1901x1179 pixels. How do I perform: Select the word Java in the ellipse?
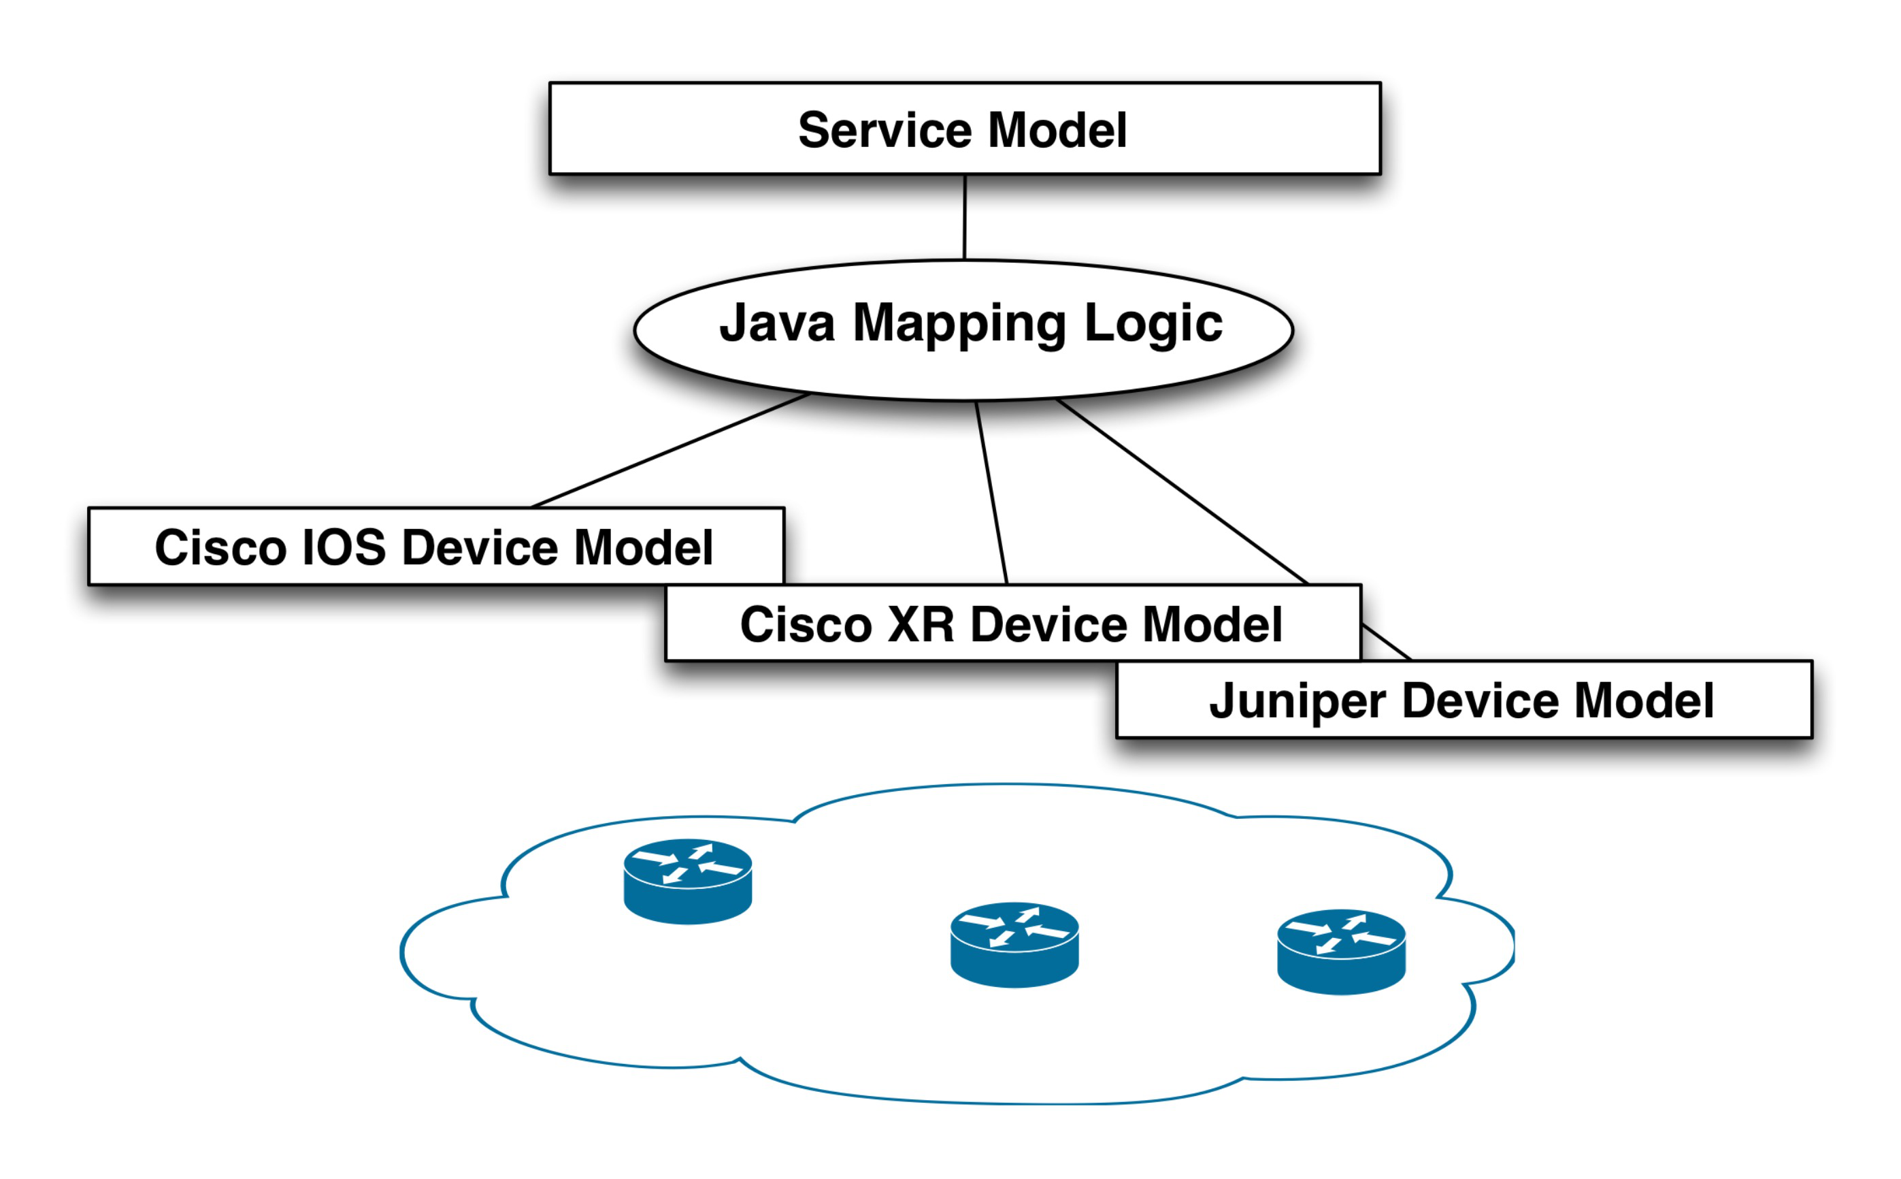[x=776, y=323]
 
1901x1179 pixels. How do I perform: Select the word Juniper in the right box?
[x=1297, y=702]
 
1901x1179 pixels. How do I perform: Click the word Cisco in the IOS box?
[x=220, y=547]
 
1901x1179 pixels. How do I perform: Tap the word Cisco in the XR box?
[x=805, y=625]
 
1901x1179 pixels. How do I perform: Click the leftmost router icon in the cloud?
[x=687, y=881]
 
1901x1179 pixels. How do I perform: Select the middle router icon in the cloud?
[x=1014, y=945]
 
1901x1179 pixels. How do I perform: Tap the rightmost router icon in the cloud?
[x=1340, y=952]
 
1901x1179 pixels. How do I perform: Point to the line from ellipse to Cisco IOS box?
[x=670, y=451]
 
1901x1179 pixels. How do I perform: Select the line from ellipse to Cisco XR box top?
[x=991, y=493]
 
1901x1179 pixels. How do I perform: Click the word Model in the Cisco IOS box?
[x=643, y=547]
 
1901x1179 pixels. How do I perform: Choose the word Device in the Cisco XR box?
[x=1048, y=625]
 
